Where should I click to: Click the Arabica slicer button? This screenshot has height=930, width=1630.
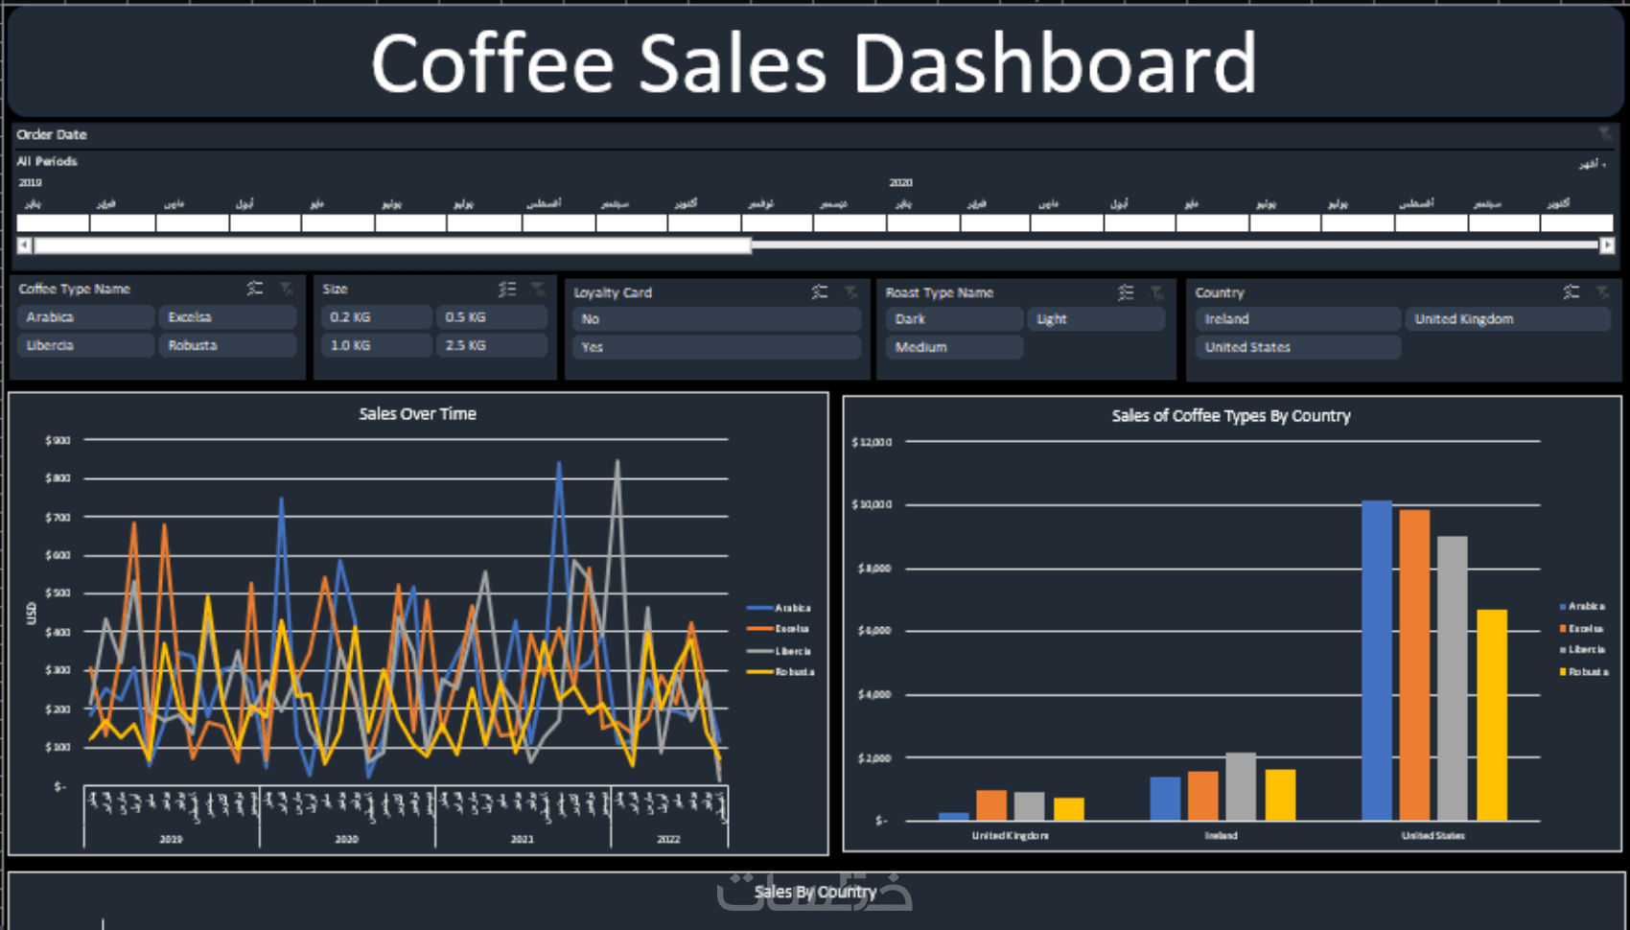pos(84,317)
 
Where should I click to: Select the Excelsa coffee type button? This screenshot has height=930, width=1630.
pos(226,317)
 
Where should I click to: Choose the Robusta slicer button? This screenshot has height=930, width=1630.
pos(226,345)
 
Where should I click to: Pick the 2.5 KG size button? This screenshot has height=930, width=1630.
pos(491,345)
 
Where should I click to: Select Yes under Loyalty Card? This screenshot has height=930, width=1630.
pos(715,347)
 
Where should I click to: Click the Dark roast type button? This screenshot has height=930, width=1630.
pos(953,319)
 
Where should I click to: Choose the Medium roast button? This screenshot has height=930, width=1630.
pos(953,347)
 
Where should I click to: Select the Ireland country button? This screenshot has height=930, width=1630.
pos(1296,319)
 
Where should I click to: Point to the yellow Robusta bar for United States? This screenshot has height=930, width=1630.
pos(1491,714)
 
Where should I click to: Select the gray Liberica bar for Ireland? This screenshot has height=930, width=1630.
pos(1241,786)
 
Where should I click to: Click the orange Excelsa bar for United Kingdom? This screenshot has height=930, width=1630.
pos(991,805)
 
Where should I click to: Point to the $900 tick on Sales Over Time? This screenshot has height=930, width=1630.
pos(58,440)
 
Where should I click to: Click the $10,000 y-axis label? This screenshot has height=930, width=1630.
pos(872,504)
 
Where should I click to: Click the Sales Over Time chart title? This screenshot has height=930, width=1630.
pos(417,414)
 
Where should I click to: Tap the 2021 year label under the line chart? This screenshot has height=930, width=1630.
pos(523,839)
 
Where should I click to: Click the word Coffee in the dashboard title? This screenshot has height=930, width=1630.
pos(492,63)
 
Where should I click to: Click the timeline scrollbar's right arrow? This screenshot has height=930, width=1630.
pos(1607,245)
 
